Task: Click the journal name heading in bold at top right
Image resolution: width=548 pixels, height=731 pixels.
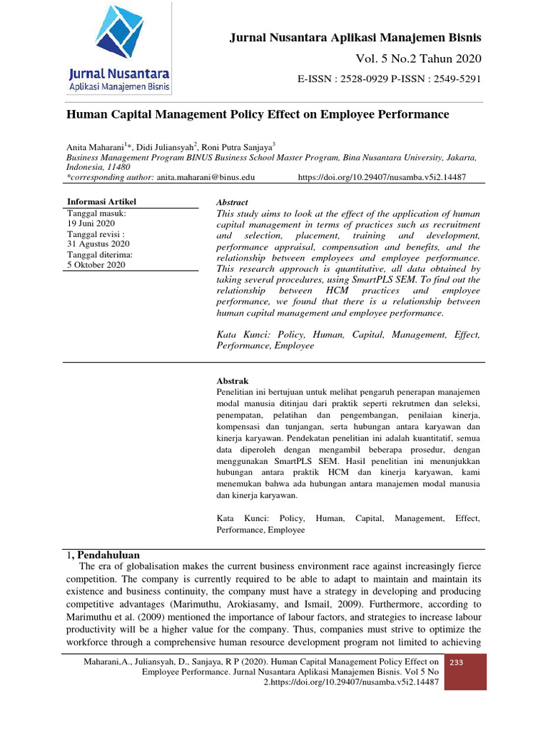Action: tap(355, 37)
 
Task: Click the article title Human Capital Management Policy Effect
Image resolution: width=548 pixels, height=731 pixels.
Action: tap(258, 114)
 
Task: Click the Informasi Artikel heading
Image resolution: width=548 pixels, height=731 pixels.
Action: tap(101, 201)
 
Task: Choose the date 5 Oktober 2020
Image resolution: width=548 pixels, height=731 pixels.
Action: tap(96, 265)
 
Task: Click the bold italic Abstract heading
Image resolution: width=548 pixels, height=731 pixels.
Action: tap(232, 203)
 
